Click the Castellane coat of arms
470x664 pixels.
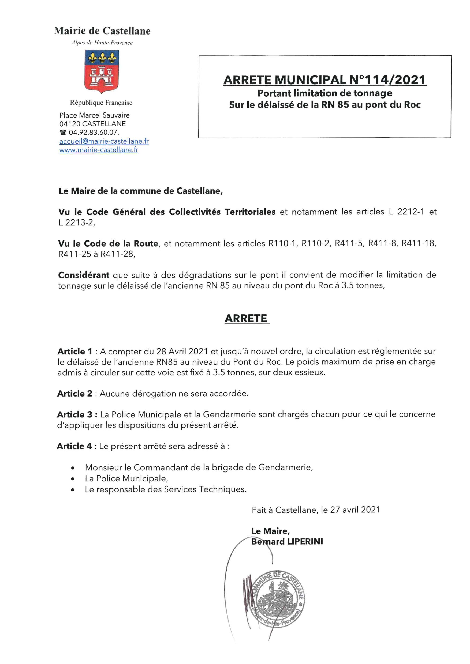(102, 71)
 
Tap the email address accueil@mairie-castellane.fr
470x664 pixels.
(104, 141)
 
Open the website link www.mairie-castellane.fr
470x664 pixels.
(99, 150)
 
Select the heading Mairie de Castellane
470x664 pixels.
(102, 31)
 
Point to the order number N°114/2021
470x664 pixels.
(387, 80)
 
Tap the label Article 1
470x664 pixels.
(75, 352)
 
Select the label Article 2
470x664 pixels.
(75, 394)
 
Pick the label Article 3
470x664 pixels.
(76, 415)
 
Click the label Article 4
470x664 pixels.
(74, 446)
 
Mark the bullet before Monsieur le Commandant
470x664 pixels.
(73, 468)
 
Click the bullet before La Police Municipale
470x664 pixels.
(73, 479)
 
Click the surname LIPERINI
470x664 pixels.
(305, 542)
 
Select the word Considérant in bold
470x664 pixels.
(84, 275)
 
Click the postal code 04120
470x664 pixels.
(70, 124)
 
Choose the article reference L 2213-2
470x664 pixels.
(77, 223)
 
